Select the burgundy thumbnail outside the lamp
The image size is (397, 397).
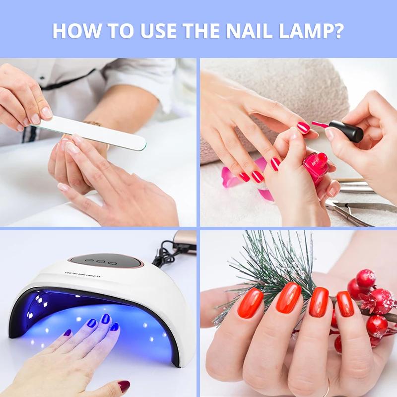pyautogui.click(x=124, y=386)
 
